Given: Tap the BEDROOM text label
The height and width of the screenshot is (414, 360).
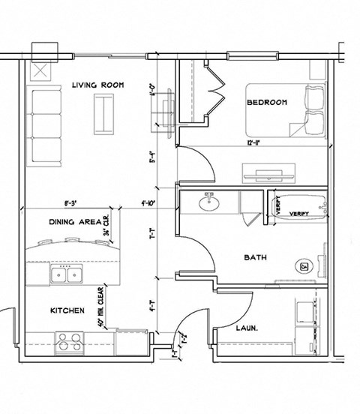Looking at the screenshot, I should click(x=266, y=103).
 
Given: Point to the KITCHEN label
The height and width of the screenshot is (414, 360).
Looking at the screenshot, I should click(x=67, y=310).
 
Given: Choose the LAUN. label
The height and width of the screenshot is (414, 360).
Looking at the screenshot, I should click(x=247, y=328).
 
